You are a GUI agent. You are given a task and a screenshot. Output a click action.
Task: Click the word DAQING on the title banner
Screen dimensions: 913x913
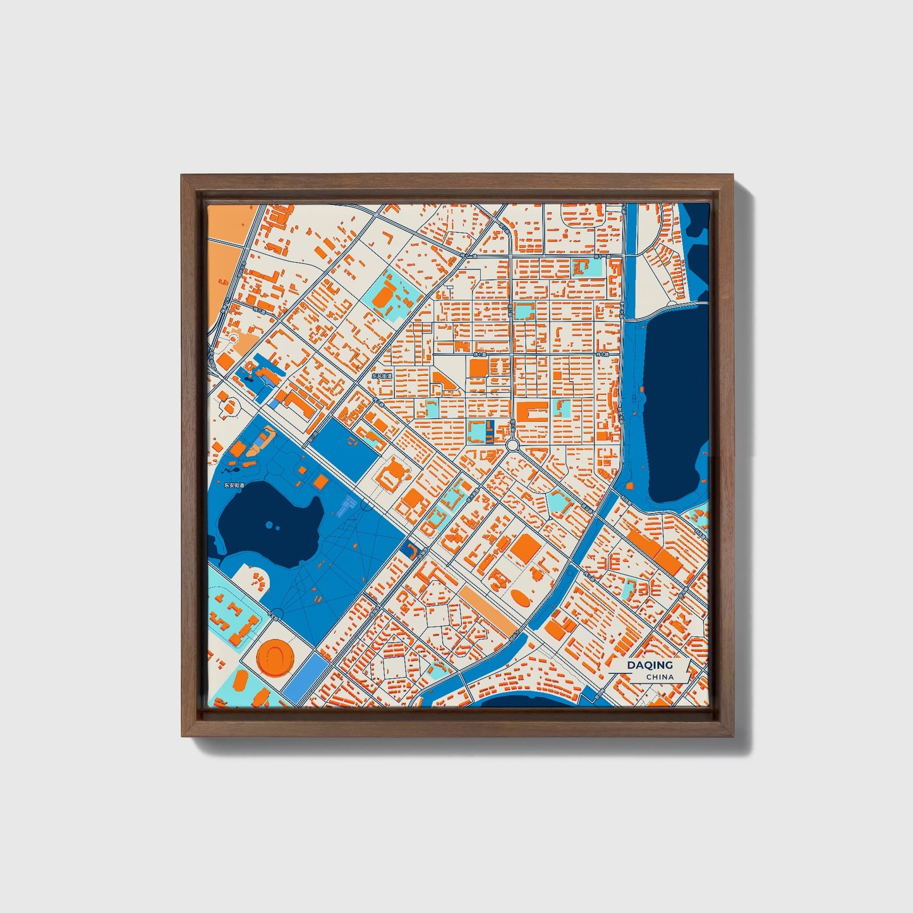650,665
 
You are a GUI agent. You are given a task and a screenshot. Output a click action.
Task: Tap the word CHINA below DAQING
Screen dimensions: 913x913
660,677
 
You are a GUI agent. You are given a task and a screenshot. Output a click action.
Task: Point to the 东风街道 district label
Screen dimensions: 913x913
382,375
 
